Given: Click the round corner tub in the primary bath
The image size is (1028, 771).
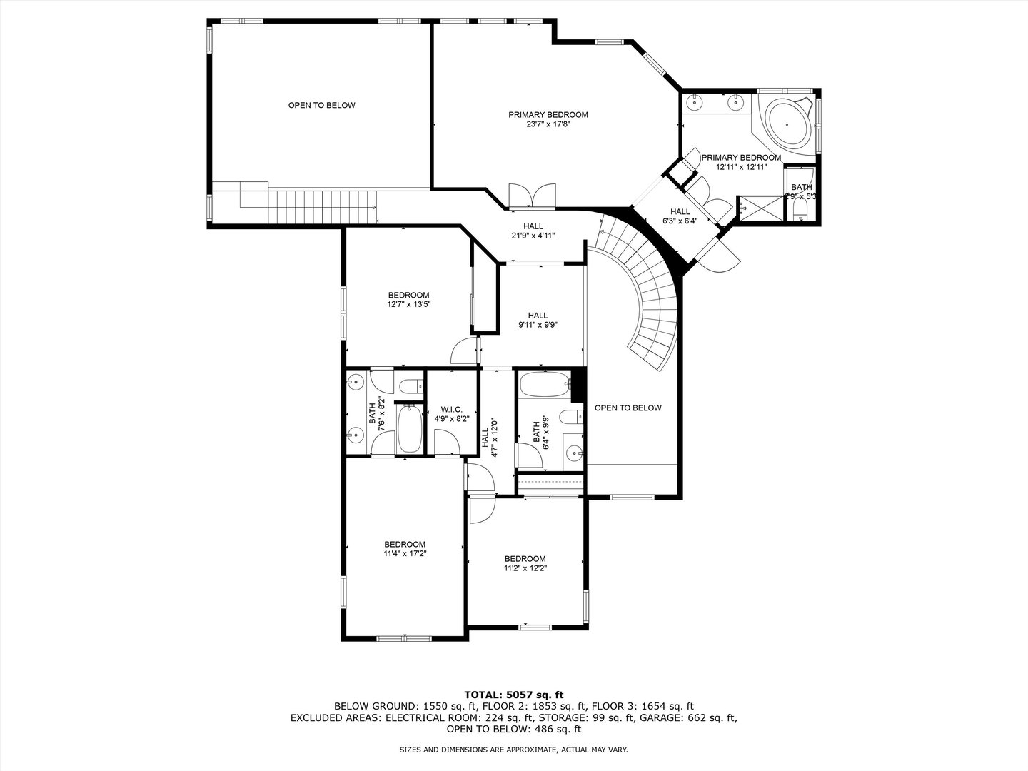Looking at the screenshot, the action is point(787,125).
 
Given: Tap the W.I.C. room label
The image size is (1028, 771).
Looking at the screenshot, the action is point(451,410).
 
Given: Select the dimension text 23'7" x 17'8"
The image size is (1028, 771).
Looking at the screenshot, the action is point(548,124).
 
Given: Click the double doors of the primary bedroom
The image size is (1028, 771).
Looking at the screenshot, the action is point(533,195).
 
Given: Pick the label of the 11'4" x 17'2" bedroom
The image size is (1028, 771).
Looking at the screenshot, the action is point(405,545).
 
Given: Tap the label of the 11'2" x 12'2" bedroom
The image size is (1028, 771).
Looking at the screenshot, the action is point(525,559).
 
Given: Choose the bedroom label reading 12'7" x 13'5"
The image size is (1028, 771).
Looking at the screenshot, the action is point(408,296).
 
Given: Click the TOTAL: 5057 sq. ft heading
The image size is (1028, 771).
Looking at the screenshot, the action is point(514,695).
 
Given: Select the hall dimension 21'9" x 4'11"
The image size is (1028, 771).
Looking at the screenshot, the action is point(533,236).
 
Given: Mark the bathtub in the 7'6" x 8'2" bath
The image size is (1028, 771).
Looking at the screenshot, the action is point(410,429).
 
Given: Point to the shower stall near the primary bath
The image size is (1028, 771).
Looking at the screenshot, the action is point(760,208).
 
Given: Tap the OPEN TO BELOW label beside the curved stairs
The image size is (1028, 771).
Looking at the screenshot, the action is point(628,408).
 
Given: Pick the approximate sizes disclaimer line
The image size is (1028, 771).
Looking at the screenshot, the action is point(513,750).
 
